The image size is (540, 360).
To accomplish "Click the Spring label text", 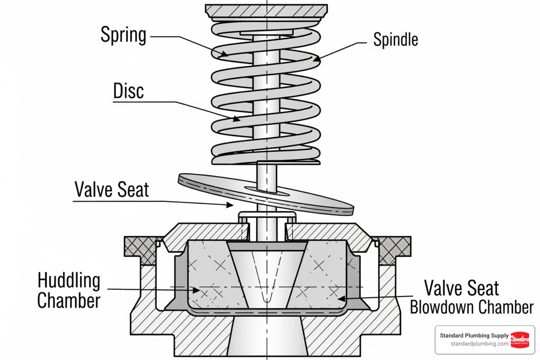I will [123, 35].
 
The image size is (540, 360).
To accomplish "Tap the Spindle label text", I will [396, 39].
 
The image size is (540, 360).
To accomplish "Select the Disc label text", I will [128, 91].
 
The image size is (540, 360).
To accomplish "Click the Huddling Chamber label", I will [69, 290].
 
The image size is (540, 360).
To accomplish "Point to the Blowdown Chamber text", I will [471, 307].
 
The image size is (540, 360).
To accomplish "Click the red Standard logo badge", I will [520, 340].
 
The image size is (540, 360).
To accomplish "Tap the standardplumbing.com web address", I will [479, 344].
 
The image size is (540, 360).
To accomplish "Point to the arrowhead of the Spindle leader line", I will [317, 59].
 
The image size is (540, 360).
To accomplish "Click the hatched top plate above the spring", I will [266, 11].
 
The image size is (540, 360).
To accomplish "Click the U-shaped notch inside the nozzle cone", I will [267, 297].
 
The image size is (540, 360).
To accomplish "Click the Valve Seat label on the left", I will [111, 190].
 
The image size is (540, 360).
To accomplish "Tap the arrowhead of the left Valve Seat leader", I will [230, 205].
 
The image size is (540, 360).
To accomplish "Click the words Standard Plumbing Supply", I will [474, 335].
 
